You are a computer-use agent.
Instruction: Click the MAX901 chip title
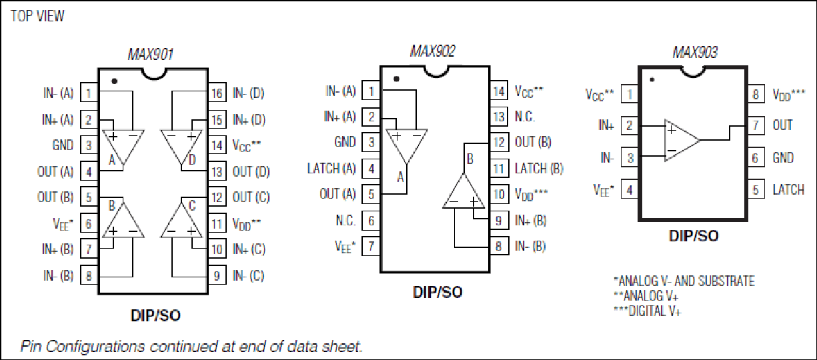150,55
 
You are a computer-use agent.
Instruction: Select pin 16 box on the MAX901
217,93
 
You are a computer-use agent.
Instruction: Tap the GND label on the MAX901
63,145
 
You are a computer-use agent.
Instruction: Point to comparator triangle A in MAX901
123,147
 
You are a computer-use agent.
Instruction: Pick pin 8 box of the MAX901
89,276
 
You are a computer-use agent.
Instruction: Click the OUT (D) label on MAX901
251,172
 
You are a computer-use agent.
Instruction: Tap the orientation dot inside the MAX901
114,81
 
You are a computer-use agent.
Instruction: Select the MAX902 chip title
433,51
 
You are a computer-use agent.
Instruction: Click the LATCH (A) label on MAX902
331,169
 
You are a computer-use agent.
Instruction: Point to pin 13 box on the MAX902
499,117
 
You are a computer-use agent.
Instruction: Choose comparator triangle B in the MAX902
464,191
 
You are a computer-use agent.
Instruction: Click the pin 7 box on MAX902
371,246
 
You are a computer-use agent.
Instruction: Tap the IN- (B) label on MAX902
530,246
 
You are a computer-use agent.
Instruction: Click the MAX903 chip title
695,52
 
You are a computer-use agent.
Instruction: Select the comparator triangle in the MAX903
682,141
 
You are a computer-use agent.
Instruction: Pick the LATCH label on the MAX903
788,189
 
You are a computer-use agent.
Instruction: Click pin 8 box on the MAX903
756,95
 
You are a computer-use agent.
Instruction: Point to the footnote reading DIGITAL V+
648,311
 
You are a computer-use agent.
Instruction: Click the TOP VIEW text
37,16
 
